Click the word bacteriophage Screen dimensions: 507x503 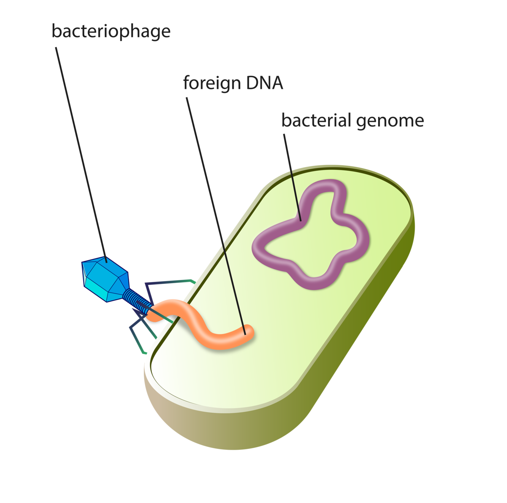[x=111, y=32]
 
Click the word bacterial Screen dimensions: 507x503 [x=316, y=121]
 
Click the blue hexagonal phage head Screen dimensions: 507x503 [x=105, y=279]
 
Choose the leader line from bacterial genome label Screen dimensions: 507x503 [x=292, y=175]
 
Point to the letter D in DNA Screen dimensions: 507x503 [x=252, y=83]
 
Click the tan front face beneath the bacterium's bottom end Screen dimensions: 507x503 [x=198, y=422]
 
